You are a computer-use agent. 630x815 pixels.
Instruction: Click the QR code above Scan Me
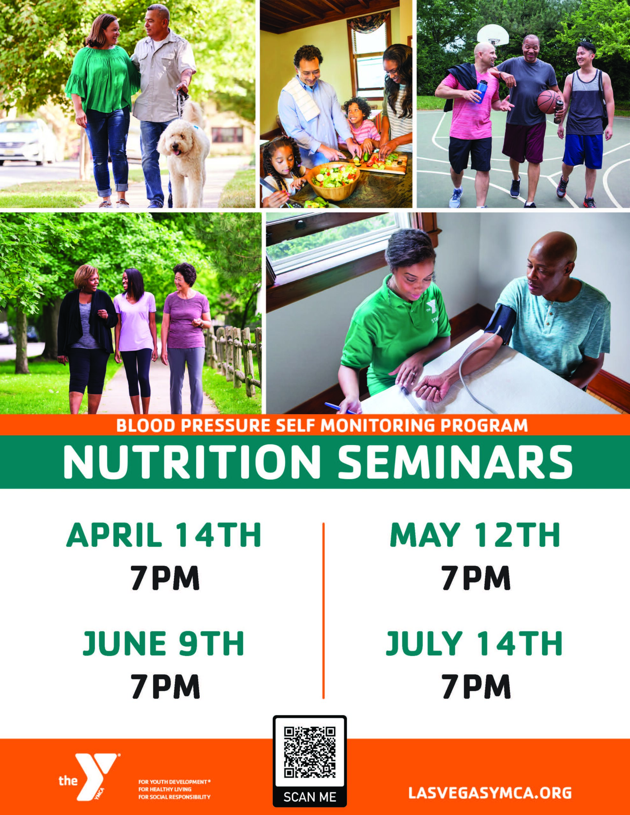click(x=310, y=752)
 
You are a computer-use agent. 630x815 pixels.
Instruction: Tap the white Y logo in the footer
click(x=96, y=776)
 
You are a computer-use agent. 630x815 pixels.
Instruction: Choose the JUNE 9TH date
click(x=163, y=643)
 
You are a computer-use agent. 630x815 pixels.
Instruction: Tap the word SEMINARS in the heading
click(x=455, y=462)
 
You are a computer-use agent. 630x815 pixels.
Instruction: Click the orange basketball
click(x=549, y=101)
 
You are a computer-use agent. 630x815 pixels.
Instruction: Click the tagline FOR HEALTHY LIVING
click(x=165, y=789)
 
